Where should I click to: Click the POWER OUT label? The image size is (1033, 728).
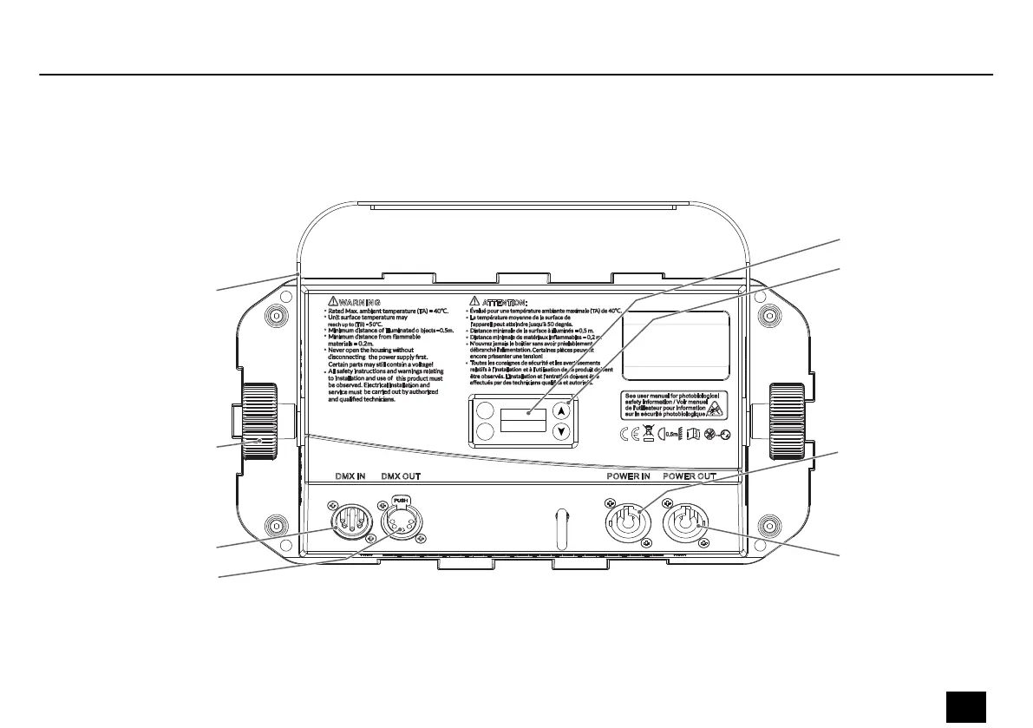click(690, 477)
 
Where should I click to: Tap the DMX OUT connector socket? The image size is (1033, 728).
click(399, 522)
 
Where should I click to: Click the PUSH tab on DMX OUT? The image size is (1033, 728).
click(399, 500)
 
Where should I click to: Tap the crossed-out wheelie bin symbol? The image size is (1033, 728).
click(649, 434)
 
